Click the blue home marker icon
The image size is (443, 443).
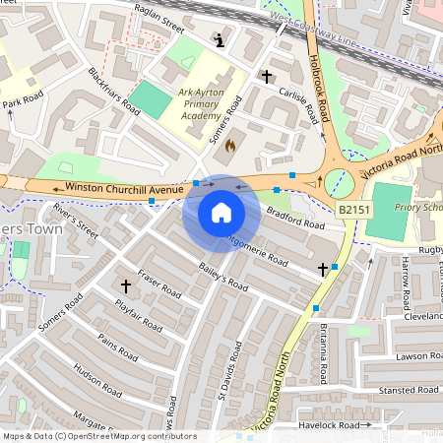pyautogui.click(x=221, y=213)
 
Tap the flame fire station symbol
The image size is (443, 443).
pyautogui.click(x=230, y=146)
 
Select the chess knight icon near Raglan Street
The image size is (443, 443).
pyautogui.click(x=219, y=40)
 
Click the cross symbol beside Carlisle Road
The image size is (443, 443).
pyautogui.click(x=266, y=76)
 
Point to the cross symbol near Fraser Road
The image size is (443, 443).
pyautogui.click(x=125, y=285)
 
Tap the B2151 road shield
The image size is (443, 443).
pyautogui.click(x=354, y=210)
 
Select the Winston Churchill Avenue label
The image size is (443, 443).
pyautogui.click(x=125, y=188)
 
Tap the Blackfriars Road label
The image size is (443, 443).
pyautogui.click(x=113, y=92)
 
